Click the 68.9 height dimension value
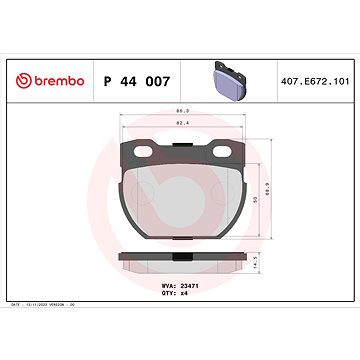(x=267, y=186)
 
